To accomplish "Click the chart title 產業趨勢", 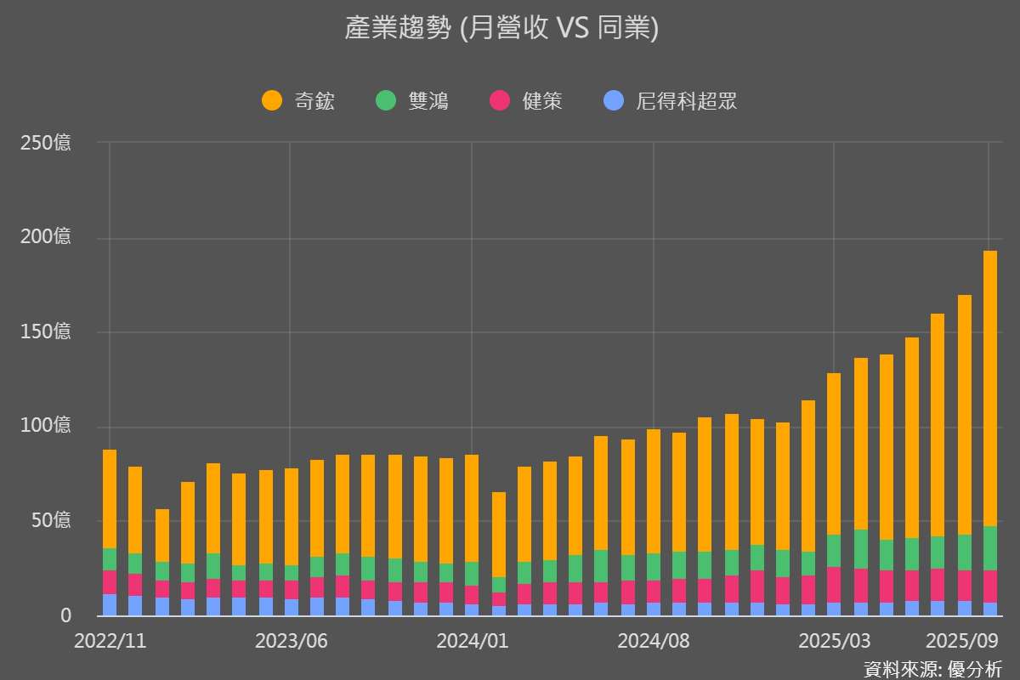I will pos(501,28).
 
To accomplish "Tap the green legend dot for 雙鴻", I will pos(385,101).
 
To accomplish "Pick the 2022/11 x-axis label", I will pos(110,641).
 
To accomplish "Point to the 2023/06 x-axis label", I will pos(291,641).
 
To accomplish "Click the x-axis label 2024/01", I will pos(472,641).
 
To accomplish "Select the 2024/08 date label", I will pos(653,641).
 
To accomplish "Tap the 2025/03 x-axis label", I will pos(834,641).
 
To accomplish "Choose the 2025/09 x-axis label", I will pos(960,641).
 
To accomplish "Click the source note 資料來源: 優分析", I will pos(932,668).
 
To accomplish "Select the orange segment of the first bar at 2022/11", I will pos(110,498).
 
